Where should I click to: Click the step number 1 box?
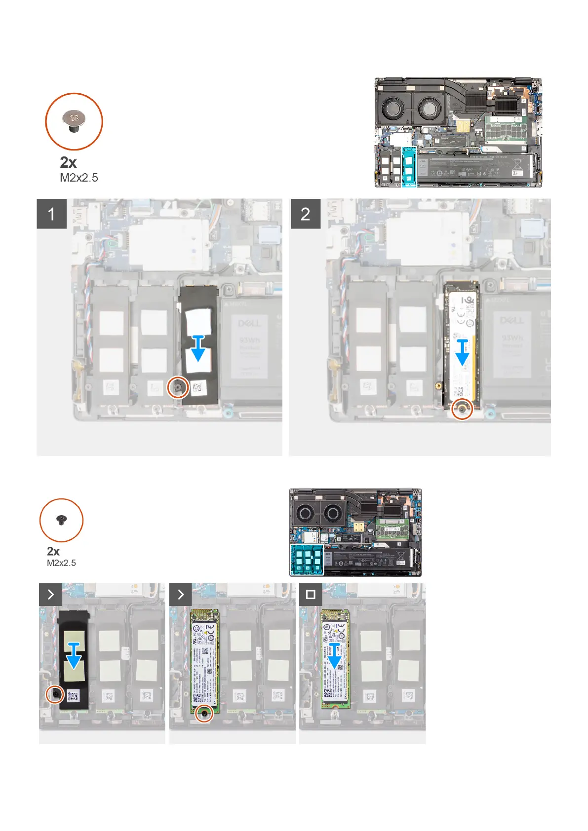(x=51, y=214)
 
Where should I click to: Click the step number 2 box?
(x=305, y=214)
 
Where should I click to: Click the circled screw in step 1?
(x=178, y=388)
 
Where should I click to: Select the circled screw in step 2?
(x=462, y=409)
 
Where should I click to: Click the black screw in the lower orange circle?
(x=61, y=520)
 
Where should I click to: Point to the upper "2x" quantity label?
(x=68, y=162)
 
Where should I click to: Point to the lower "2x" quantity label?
(x=53, y=551)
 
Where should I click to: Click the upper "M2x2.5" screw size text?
(x=79, y=178)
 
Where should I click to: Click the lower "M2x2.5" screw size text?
(x=61, y=563)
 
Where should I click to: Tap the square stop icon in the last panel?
(x=311, y=594)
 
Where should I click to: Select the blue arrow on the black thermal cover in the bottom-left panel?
(x=74, y=657)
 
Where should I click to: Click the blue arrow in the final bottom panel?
(x=334, y=656)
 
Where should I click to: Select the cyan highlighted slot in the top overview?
(x=409, y=166)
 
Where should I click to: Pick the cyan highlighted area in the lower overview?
(x=307, y=560)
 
